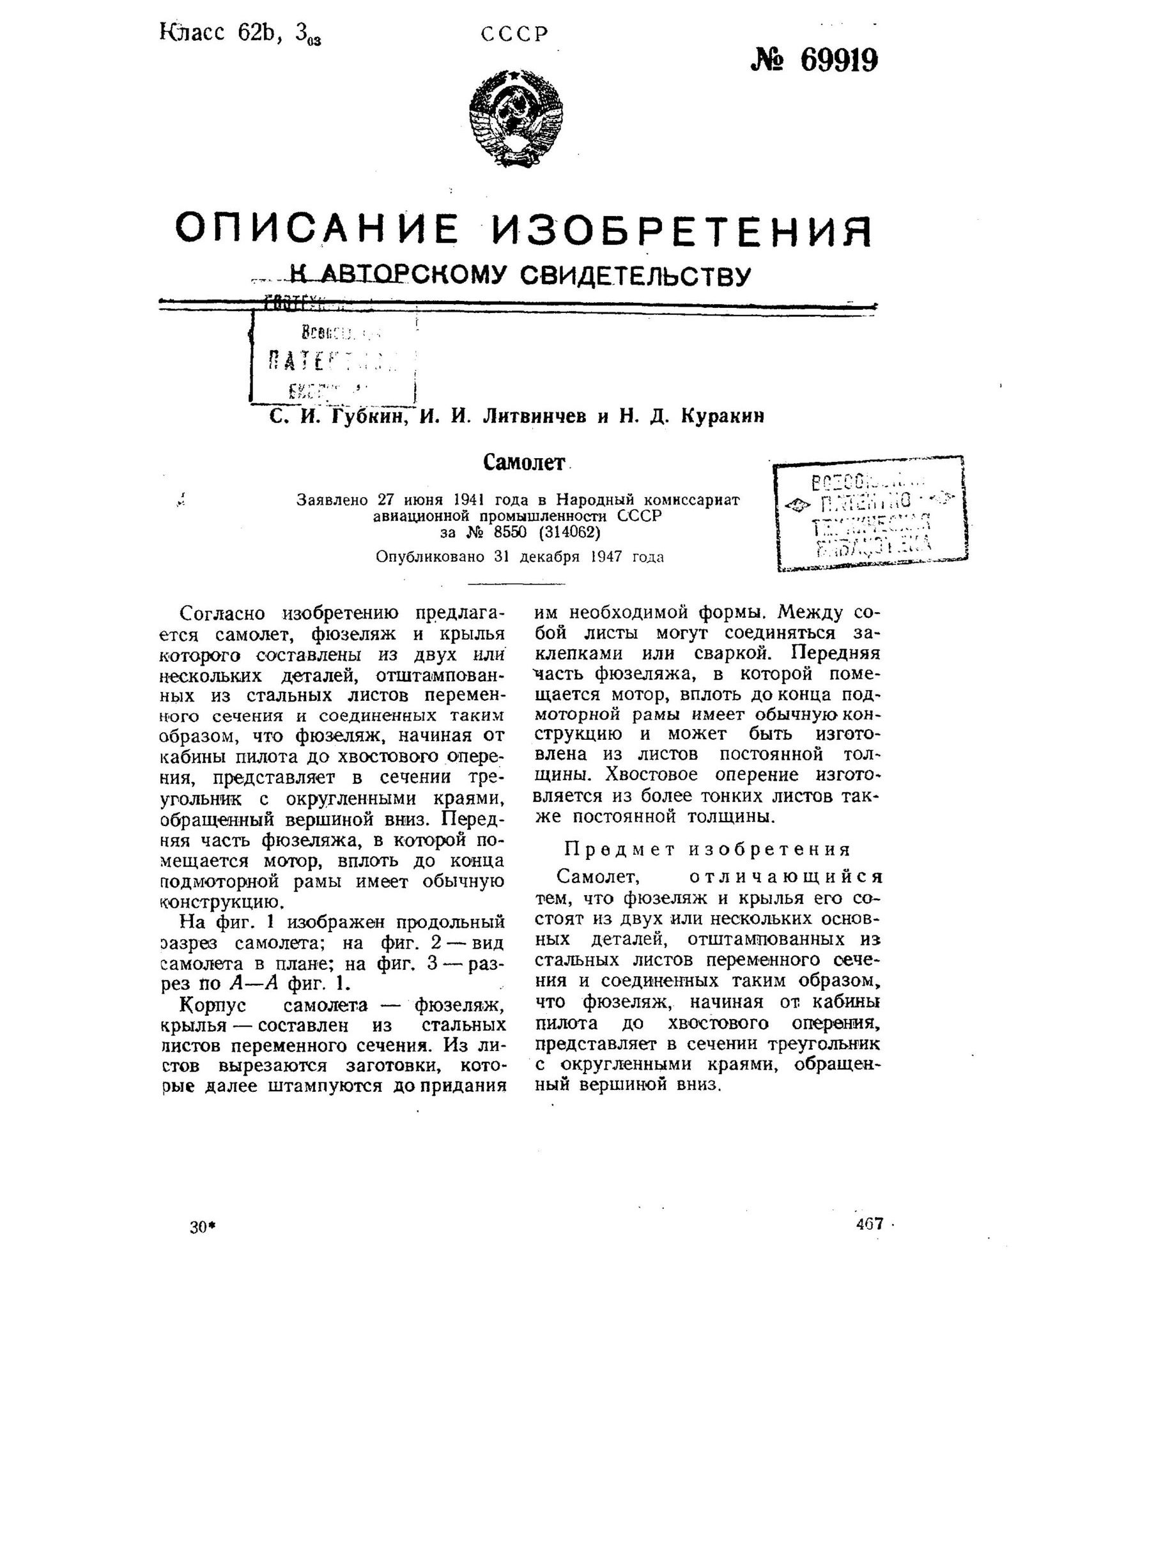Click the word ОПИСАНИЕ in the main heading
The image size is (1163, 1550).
click(317, 229)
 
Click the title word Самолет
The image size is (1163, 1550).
click(523, 462)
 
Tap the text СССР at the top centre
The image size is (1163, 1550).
click(514, 35)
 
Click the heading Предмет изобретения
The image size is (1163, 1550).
click(707, 849)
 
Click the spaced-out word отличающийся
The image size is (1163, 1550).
click(785, 877)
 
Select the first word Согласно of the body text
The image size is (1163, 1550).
click(222, 613)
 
